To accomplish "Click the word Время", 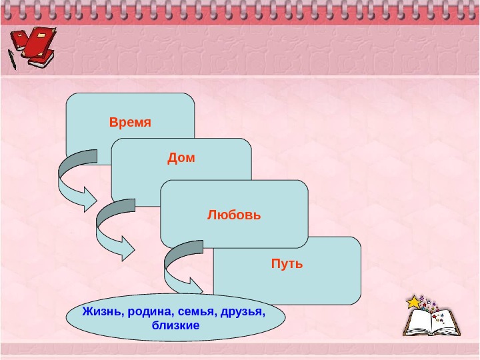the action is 130,123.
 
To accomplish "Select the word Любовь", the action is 234,215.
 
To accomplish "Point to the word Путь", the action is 287,264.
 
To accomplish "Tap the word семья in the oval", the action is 193,312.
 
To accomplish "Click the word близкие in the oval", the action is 176,325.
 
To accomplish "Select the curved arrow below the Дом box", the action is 110,230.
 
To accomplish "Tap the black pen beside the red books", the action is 12,59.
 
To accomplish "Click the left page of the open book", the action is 419,323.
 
